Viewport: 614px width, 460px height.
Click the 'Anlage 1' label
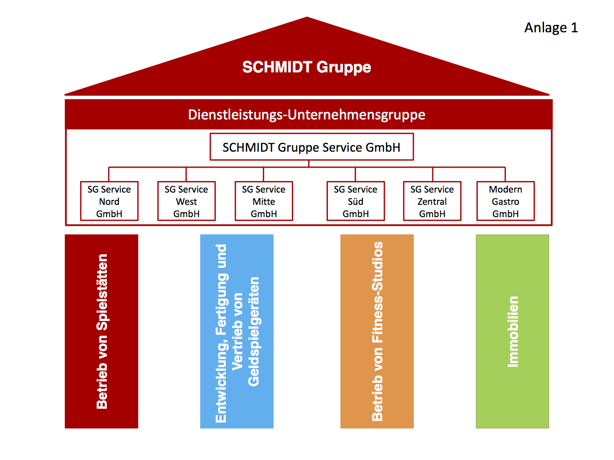tap(551, 28)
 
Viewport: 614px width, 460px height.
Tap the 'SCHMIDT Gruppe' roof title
tap(307, 67)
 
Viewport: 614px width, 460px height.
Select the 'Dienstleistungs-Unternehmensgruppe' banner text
tap(307, 115)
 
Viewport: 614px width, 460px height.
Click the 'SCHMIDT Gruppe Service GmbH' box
tap(312, 147)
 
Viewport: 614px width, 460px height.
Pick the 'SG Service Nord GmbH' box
tap(109, 201)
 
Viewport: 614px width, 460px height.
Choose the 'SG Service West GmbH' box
tap(186, 201)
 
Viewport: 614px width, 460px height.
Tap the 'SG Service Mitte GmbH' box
tap(264, 201)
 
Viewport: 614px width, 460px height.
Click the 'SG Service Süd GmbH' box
tap(355, 201)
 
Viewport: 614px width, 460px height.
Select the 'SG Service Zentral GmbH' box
tap(432, 201)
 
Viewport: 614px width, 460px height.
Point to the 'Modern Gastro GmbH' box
tap(506, 201)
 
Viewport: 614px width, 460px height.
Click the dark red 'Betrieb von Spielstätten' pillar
tap(102, 331)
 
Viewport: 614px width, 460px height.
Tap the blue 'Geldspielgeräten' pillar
tap(237, 331)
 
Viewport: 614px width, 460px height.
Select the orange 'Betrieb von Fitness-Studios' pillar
tap(377, 331)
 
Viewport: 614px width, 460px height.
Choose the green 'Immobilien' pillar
tap(512, 331)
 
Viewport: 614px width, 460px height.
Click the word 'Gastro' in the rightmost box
tap(506, 202)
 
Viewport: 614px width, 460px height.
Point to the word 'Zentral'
tap(432, 202)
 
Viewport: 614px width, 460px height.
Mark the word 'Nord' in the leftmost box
tap(109, 202)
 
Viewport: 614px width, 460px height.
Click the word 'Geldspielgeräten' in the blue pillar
tap(254, 331)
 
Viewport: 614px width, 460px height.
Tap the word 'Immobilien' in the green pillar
tap(513, 331)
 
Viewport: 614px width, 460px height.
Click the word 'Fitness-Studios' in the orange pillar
tap(377, 292)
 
